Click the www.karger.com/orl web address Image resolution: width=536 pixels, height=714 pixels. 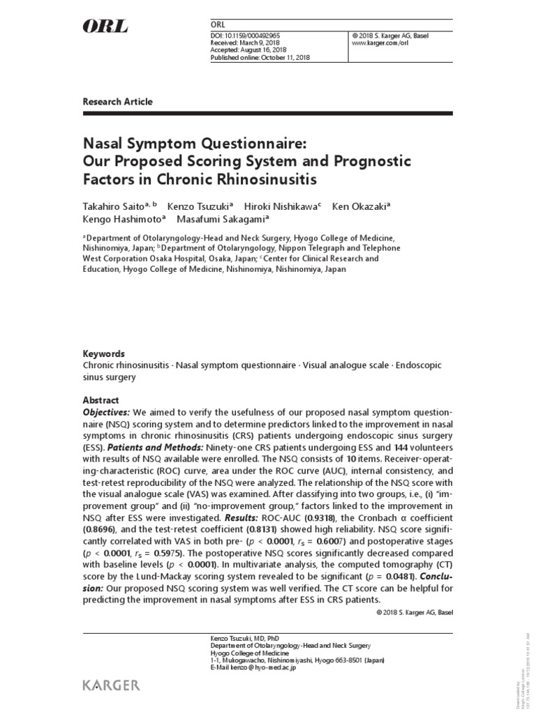pos(380,43)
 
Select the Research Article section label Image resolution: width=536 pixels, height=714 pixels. pos(117,102)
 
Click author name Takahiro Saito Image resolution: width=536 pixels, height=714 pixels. pos(113,206)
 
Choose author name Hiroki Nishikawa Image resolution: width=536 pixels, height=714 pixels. pos(280,206)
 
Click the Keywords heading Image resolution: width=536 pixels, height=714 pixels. pos(103,354)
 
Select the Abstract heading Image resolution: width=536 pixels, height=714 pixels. pos(101,400)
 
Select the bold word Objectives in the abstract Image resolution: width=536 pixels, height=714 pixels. pos(106,412)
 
